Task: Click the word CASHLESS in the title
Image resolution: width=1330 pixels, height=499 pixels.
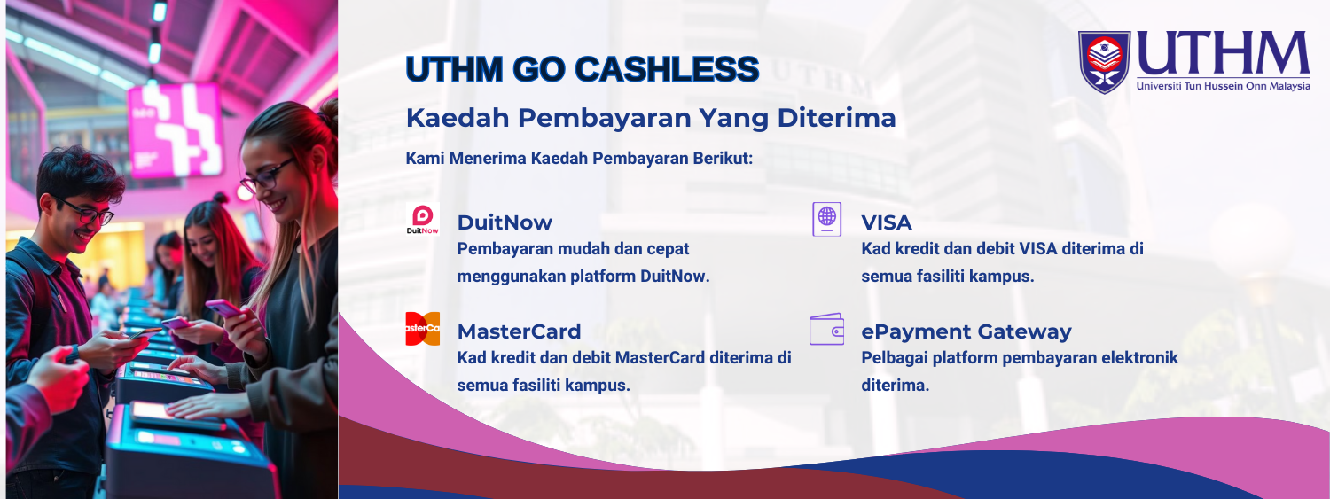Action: click(x=667, y=69)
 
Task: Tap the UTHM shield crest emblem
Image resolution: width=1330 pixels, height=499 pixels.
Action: click(x=1105, y=62)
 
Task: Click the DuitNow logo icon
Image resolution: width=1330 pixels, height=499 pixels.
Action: click(x=422, y=219)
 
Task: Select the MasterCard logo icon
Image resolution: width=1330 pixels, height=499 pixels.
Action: click(x=422, y=329)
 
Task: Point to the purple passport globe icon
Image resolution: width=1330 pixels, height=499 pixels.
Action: click(x=827, y=219)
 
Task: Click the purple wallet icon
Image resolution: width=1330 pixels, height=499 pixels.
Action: click(x=826, y=329)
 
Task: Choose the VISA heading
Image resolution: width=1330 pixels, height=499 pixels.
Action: click(x=887, y=222)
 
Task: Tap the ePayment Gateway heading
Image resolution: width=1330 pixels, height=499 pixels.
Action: click(x=966, y=331)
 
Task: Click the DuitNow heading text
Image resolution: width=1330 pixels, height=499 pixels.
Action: click(x=505, y=222)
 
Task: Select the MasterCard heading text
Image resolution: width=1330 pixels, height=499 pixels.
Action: click(x=519, y=331)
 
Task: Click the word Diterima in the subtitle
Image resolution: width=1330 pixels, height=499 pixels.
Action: click(x=836, y=118)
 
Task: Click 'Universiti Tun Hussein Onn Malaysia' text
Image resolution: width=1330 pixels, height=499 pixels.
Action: click(x=1223, y=86)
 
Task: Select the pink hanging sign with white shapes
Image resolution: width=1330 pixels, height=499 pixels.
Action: click(x=176, y=129)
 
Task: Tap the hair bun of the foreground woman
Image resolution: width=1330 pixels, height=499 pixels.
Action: click(x=328, y=113)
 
